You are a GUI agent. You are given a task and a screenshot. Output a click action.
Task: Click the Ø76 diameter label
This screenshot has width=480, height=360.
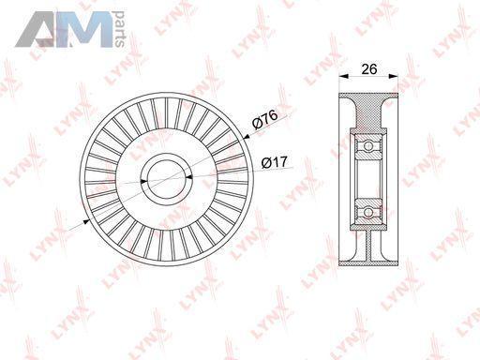click(x=265, y=120)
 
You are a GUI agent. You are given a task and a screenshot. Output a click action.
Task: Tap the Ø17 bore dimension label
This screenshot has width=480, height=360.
click(x=274, y=163)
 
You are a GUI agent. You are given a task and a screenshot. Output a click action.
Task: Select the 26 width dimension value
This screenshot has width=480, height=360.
click(x=369, y=69)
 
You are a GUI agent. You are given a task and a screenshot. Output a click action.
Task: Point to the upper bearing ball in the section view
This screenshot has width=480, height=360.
click(x=368, y=146)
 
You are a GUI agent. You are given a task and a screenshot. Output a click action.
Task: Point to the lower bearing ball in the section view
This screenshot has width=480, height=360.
click(x=368, y=213)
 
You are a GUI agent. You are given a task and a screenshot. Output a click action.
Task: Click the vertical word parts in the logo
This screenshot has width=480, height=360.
click(x=119, y=30)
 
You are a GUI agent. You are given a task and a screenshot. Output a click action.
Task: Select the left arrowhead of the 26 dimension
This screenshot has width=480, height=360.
click(x=344, y=76)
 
